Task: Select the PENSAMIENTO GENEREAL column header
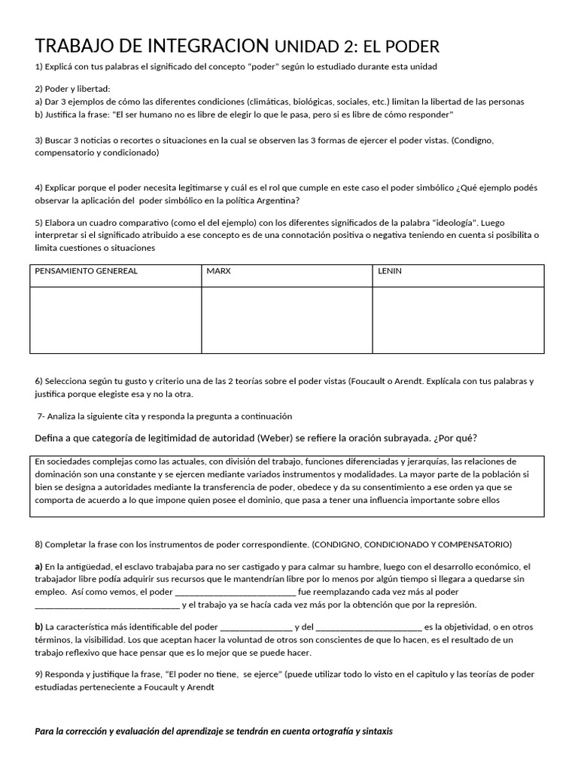[x=87, y=271]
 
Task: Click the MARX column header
[x=219, y=271]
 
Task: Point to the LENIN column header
[x=390, y=271]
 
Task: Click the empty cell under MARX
[x=287, y=319]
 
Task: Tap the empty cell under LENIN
[x=458, y=319]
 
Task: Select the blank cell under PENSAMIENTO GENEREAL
[x=115, y=319]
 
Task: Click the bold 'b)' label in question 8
[x=39, y=626]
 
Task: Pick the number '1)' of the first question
[x=39, y=66]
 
